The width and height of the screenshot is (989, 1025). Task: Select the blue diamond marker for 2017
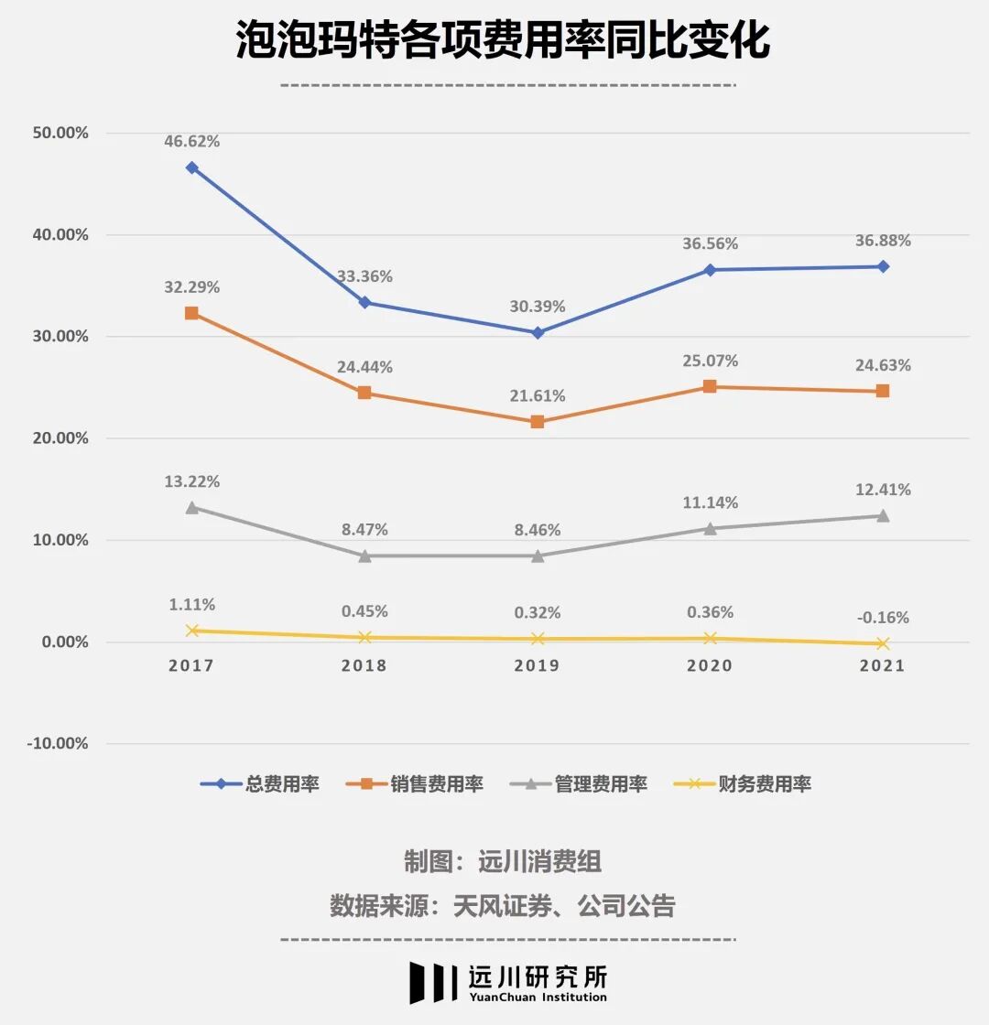pos(191,167)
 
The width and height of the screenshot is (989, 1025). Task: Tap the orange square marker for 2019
pos(538,422)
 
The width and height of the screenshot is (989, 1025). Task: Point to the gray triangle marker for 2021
pos(883,515)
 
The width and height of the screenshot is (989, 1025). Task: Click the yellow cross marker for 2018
pos(364,637)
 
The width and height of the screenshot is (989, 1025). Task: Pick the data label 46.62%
pos(191,142)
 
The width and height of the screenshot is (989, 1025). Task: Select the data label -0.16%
pos(883,618)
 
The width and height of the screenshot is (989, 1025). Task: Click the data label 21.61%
pos(538,396)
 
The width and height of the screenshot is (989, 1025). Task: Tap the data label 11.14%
pos(710,502)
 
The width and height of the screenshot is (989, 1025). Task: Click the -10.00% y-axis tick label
pos(58,743)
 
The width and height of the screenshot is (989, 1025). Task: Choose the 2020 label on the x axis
pos(710,665)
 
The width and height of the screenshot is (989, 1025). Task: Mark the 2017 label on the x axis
pos(191,665)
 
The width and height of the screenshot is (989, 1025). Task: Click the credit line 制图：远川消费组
pos(503,861)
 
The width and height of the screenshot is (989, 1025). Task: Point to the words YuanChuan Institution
pos(538,998)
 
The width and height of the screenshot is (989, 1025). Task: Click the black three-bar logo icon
pos(432,982)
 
